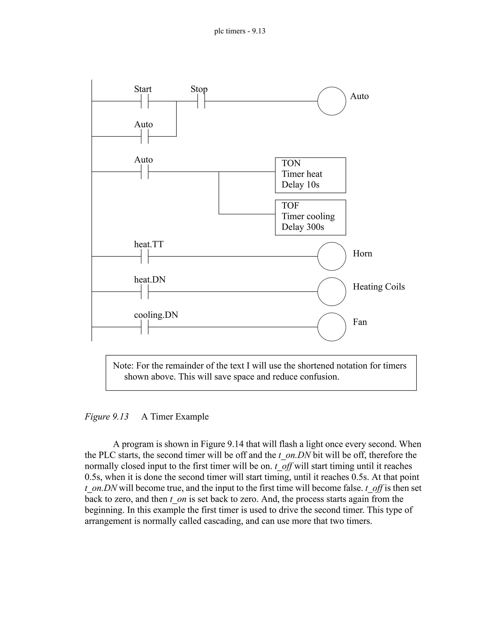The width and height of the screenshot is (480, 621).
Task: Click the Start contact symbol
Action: [x=145, y=101]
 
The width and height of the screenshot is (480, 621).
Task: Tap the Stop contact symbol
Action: [x=201, y=101]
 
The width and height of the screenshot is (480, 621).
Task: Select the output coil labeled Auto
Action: [x=332, y=101]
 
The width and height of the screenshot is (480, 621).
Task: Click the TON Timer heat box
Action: [x=310, y=175]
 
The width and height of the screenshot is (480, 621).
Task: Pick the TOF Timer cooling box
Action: [x=310, y=217]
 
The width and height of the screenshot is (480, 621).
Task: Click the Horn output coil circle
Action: [x=332, y=256]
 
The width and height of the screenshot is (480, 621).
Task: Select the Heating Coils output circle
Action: [x=332, y=292]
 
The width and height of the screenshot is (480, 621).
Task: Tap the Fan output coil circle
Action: [x=332, y=327]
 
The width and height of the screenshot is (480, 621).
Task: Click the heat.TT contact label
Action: [x=149, y=244]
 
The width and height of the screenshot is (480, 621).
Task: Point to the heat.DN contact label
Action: [x=150, y=280]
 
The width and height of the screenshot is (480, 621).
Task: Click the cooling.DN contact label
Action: [x=156, y=315]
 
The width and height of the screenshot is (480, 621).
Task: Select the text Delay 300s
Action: [x=303, y=227]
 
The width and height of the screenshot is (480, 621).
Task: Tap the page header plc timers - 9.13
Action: [x=240, y=31]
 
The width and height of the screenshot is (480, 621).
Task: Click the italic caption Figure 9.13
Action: [x=107, y=417]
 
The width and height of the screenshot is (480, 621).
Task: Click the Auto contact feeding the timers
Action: [x=145, y=172]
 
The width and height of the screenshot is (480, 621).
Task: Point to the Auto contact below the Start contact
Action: [x=145, y=136]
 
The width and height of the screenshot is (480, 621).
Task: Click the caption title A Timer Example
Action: [x=175, y=417]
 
